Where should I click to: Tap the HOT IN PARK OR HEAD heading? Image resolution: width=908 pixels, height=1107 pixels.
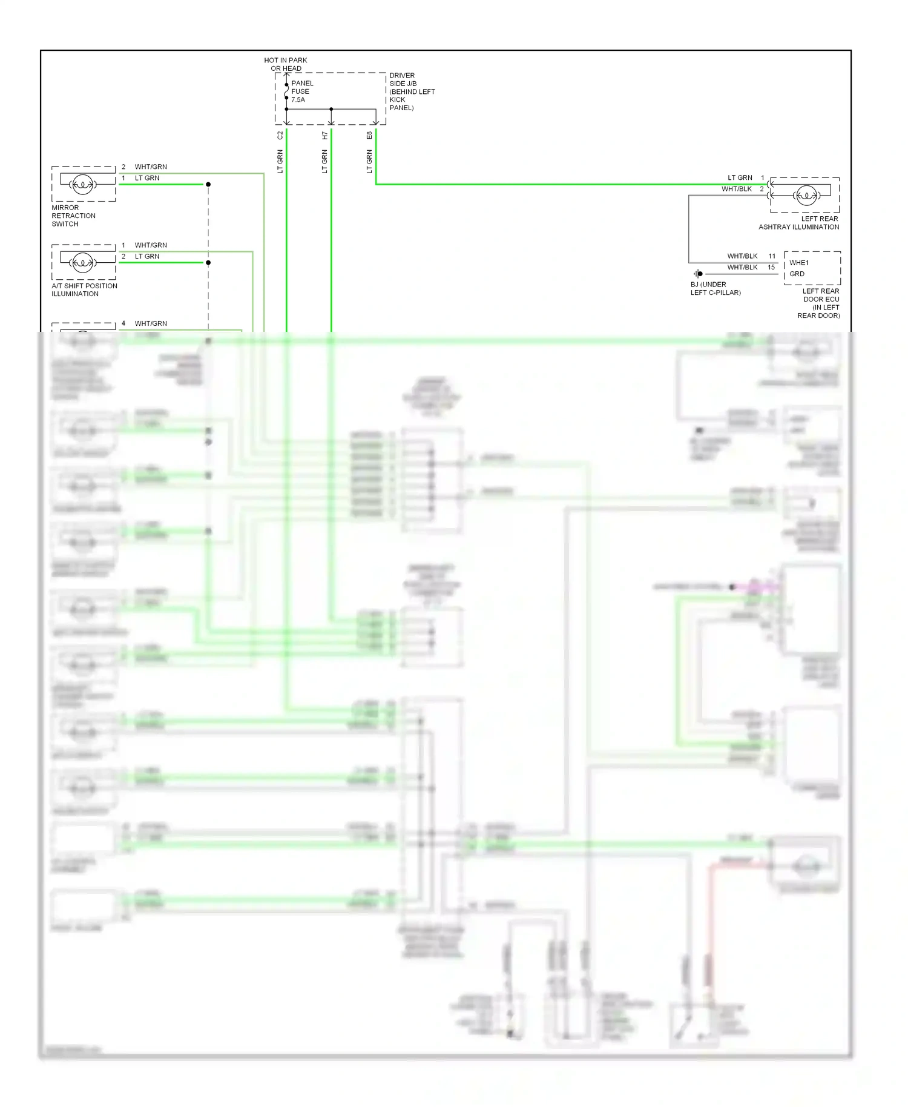coord(286,64)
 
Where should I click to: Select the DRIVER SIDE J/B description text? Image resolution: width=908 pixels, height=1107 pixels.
coord(412,91)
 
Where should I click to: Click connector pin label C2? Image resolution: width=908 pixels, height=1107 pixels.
coord(280,136)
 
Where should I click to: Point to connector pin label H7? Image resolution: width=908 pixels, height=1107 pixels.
coord(324,136)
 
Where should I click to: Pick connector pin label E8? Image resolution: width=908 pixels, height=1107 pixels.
coord(369,136)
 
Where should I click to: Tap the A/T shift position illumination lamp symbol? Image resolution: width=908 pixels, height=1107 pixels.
coord(82,262)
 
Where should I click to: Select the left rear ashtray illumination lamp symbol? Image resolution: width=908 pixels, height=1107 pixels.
coord(806,195)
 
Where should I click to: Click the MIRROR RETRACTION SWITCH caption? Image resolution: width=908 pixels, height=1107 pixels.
coord(73,216)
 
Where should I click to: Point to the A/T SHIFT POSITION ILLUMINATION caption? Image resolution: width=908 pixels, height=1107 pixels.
coord(84,289)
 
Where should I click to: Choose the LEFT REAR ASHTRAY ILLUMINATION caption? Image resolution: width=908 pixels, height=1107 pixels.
coord(799,223)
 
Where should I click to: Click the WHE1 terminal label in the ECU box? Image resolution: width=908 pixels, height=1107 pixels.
coord(799,263)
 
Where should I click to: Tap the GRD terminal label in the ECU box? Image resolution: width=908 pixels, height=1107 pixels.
coord(797,274)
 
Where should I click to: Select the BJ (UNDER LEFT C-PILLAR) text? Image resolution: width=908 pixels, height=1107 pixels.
coord(715,288)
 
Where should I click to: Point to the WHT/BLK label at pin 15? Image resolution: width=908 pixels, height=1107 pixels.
coord(742,267)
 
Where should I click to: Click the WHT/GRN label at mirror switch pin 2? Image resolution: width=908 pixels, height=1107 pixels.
coord(151,167)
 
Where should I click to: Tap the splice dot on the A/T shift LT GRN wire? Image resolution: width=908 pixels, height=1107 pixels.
coord(208,263)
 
